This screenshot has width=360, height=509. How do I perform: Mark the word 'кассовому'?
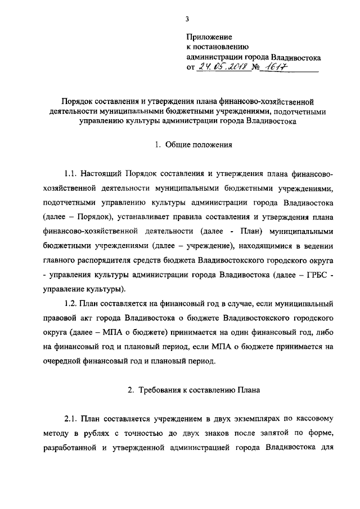(314, 418)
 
